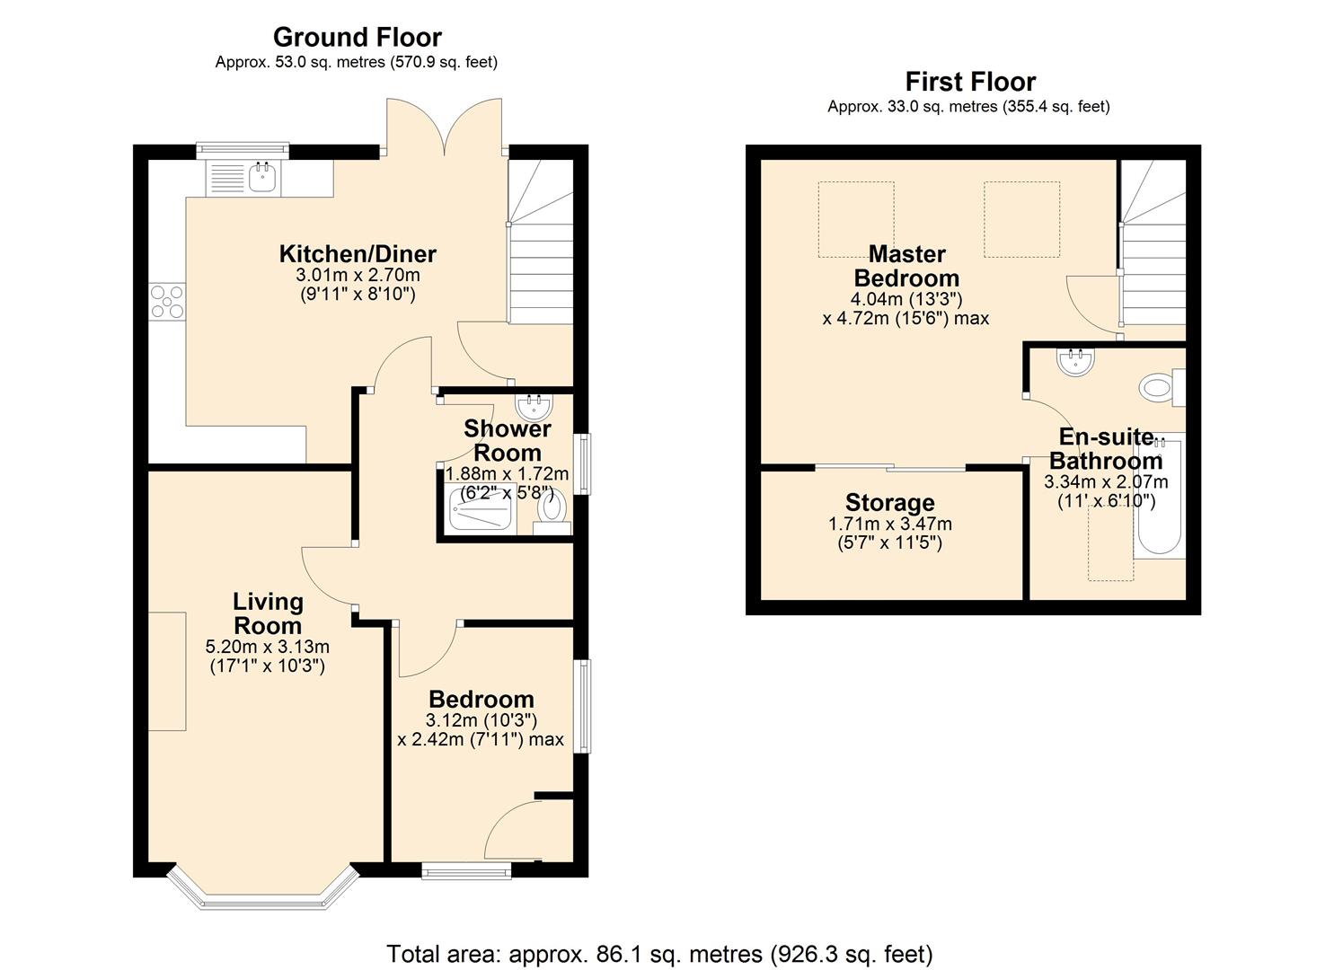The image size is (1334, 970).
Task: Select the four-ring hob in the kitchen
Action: (x=167, y=301)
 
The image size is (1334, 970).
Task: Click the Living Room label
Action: (x=268, y=613)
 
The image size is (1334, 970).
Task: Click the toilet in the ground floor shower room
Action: (x=552, y=508)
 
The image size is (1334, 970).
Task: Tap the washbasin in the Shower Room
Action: (x=535, y=407)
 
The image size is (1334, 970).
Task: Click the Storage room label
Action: (x=889, y=503)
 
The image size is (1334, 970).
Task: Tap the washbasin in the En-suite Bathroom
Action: (x=1075, y=362)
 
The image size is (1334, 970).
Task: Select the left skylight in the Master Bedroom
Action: (x=855, y=219)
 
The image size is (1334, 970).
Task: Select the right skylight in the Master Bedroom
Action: (x=1021, y=219)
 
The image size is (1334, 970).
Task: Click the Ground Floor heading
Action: (x=357, y=38)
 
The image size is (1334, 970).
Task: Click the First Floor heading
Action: (x=970, y=82)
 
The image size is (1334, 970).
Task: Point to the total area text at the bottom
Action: (x=659, y=953)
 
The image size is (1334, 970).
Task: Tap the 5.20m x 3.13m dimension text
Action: (x=268, y=647)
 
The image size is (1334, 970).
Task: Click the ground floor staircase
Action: (x=541, y=260)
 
